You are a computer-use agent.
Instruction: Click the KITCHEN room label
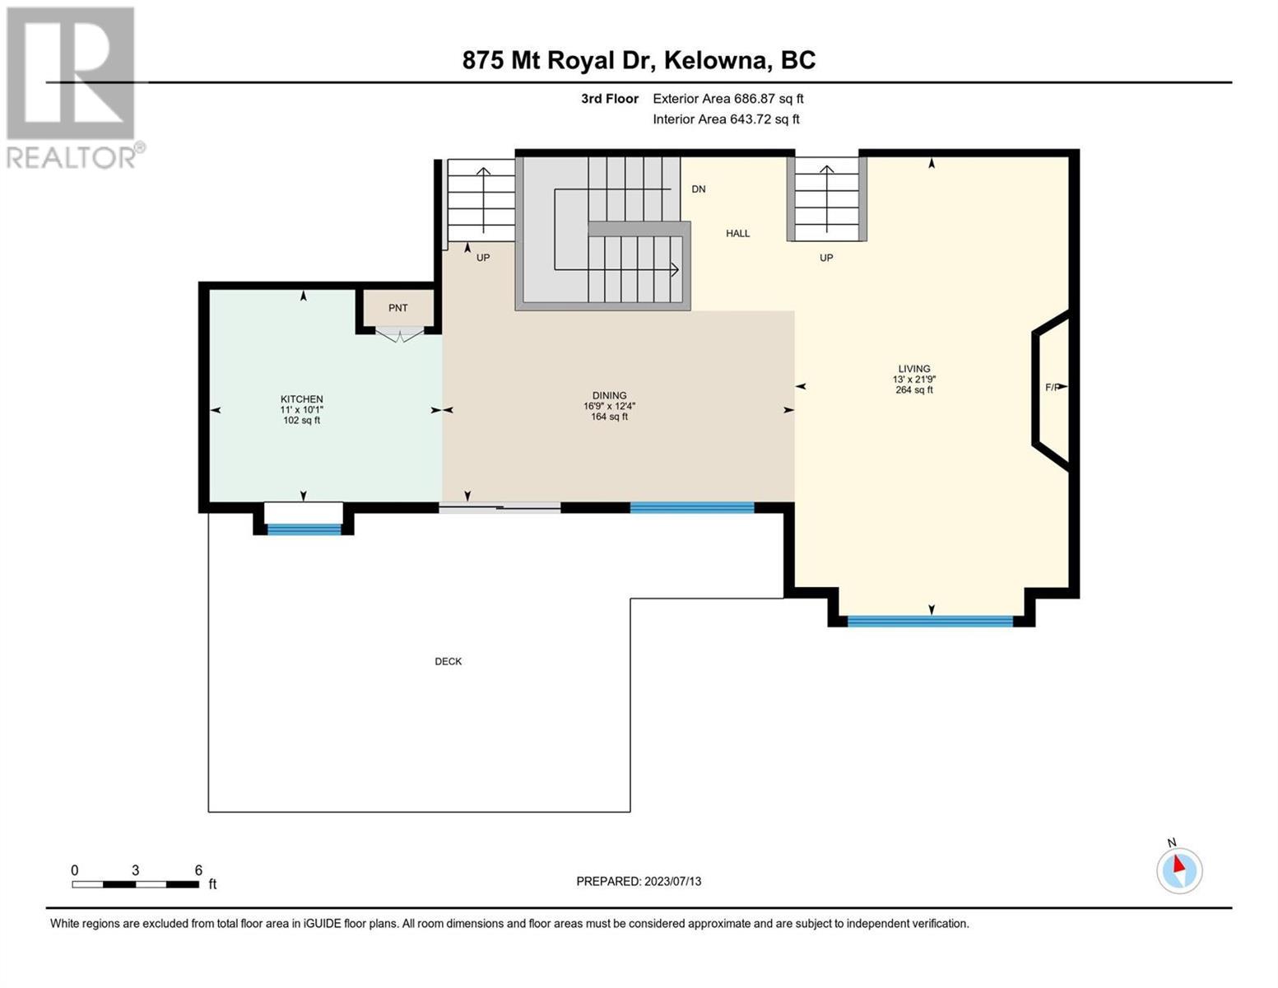(x=302, y=399)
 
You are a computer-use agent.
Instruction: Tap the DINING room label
(x=609, y=395)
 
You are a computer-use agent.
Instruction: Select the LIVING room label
(x=914, y=369)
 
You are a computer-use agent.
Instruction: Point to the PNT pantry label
(x=398, y=308)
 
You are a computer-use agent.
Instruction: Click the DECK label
(x=448, y=661)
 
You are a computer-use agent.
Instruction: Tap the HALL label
(x=737, y=234)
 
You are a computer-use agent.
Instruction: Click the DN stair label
(x=699, y=189)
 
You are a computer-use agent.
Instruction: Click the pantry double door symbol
(x=399, y=335)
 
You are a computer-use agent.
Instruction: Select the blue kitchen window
(x=304, y=529)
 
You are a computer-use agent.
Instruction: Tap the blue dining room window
(x=691, y=507)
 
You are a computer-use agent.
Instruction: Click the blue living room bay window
(x=930, y=621)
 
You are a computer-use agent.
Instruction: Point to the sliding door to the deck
(x=500, y=507)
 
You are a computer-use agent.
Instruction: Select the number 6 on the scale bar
(x=198, y=869)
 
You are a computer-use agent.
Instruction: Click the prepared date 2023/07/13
(x=673, y=882)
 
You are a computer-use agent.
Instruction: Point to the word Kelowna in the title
(x=718, y=60)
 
